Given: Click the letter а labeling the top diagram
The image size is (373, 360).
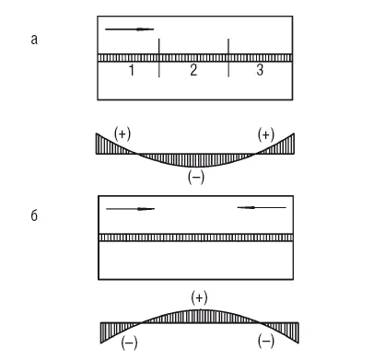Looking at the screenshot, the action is point(34,40).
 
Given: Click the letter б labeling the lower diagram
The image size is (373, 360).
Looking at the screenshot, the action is point(34,215).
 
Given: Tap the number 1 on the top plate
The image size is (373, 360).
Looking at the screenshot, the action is point(132,70).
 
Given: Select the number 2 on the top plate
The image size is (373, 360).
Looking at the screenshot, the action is point(193,70).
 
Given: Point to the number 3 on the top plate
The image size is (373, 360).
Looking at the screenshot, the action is point(260,70).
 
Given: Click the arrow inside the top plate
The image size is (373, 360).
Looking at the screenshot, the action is point(129,29).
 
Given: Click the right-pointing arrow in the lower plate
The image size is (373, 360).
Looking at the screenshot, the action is point(130,209).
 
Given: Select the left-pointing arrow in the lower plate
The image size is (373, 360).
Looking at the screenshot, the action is point(262,208).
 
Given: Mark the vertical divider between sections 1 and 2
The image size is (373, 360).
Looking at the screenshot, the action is point(159,58).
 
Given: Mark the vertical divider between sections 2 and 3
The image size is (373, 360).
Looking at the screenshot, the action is point(228,58).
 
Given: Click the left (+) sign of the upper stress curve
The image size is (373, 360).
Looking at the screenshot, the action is point(122,134).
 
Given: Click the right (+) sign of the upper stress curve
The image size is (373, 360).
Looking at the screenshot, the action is point(266,134).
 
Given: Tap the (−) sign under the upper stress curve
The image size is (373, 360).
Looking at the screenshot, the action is point(196,178).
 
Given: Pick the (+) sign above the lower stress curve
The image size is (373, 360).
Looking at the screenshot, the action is point(199,297).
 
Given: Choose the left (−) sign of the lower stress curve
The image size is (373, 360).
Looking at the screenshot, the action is point(129,343).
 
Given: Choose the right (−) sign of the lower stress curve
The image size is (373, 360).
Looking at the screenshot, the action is point(266,343).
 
